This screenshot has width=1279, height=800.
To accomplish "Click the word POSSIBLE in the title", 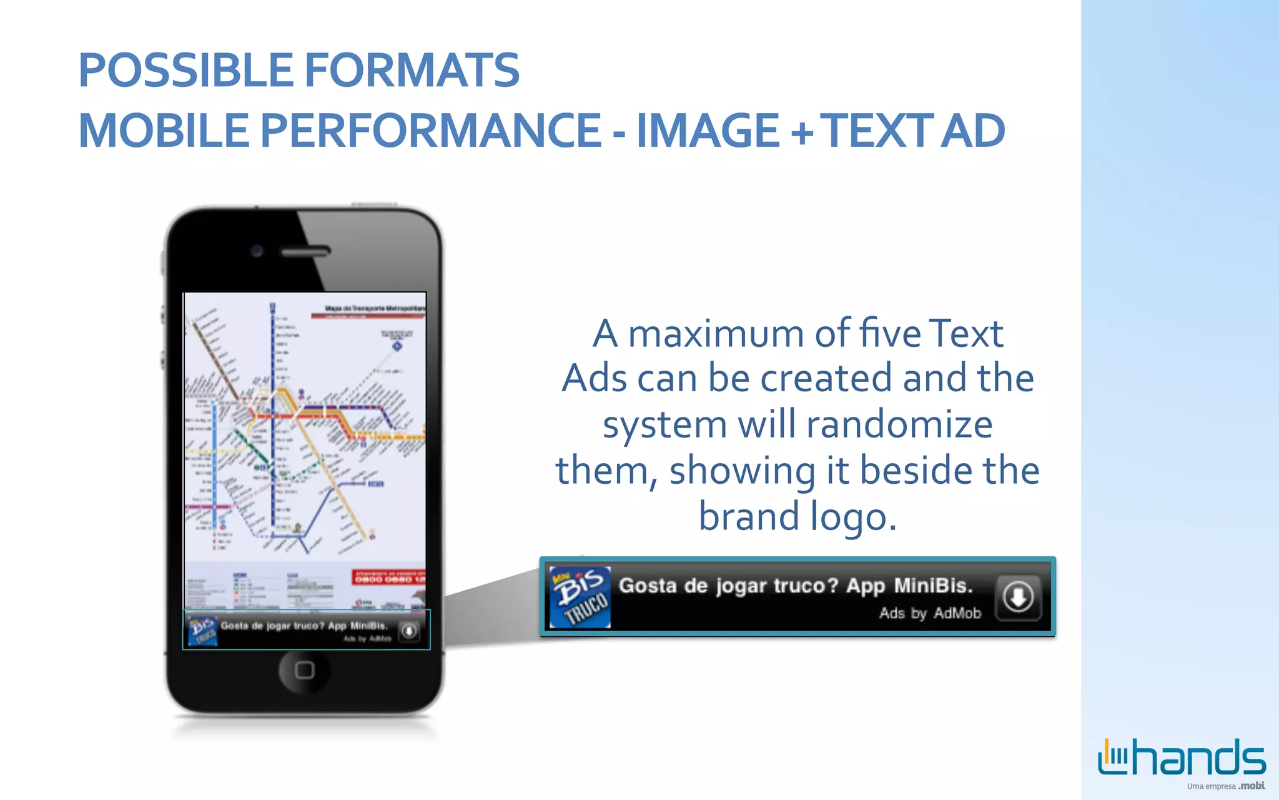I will pyautogui.click(x=185, y=69).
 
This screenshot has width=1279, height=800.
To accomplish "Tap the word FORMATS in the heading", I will pyautogui.click(x=412, y=69).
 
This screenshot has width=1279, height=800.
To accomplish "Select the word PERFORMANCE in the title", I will pyautogui.click(x=430, y=131).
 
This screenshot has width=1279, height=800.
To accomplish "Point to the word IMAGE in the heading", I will pyautogui.click(x=708, y=131).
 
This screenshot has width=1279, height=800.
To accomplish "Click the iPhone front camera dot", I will pyautogui.click(x=256, y=251).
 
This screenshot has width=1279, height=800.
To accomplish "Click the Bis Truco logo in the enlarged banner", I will pyautogui.click(x=580, y=597).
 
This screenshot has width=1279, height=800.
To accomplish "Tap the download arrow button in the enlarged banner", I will pyautogui.click(x=1018, y=597).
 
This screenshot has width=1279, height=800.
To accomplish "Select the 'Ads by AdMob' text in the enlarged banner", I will pyautogui.click(x=930, y=613).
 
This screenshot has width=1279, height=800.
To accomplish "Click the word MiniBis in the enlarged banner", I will pyautogui.click(x=933, y=586).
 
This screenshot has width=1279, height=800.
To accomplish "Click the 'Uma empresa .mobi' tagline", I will pyautogui.click(x=1225, y=786).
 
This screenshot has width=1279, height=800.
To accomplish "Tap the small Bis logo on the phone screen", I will pyautogui.click(x=202, y=630).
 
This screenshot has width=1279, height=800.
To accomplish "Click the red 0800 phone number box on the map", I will pyautogui.click(x=389, y=577).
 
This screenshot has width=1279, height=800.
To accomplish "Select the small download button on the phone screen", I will pyautogui.click(x=409, y=631).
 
